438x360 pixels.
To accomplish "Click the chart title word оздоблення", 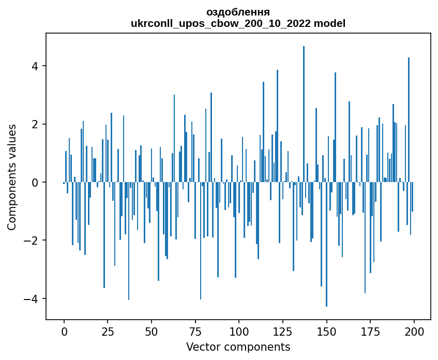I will [238, 12].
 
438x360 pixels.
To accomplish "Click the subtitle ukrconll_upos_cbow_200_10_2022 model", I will [238, 23].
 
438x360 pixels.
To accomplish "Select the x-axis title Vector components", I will [238, 347].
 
